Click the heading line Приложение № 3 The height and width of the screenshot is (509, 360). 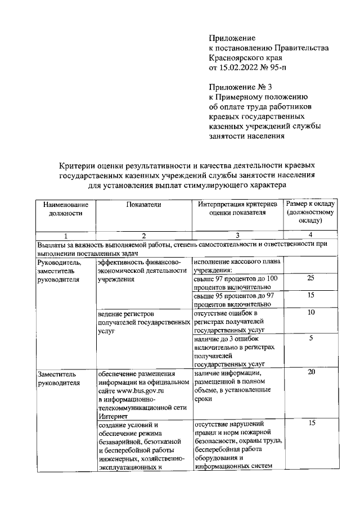(240, 87)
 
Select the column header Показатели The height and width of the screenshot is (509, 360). (143, 204)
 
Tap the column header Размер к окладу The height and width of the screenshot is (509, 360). (310, 204)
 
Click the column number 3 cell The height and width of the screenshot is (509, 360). (237, 235)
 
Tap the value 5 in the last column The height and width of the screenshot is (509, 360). (310, 338)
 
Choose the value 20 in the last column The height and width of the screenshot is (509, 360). (310, 372)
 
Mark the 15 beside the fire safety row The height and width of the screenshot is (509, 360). (310, 424)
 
